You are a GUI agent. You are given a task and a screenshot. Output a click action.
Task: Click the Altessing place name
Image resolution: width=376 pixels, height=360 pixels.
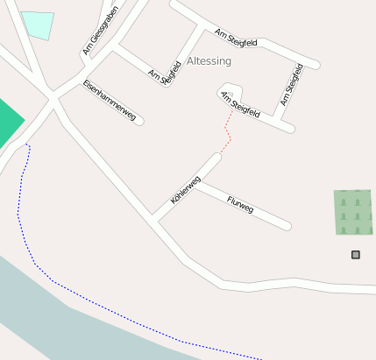[x=209, y=61]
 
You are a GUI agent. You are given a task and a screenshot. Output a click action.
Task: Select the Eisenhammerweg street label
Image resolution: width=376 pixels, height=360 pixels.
[x=110, y=101]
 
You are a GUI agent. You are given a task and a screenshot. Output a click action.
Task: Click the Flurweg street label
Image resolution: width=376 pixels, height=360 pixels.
[x=239, y=205]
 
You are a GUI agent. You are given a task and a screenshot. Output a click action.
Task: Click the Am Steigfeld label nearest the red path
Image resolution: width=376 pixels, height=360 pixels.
[x=240, y=104]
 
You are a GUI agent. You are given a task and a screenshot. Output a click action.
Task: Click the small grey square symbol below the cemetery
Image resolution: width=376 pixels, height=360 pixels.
[x=356, y=255]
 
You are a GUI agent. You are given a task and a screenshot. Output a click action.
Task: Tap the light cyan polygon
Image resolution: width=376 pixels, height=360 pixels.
[x=38, y=25]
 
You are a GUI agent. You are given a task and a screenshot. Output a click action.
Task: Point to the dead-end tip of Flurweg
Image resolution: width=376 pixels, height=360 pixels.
[x=287, y=226]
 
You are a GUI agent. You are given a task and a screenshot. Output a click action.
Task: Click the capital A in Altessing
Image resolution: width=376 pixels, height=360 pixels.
[x=190, y=61]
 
